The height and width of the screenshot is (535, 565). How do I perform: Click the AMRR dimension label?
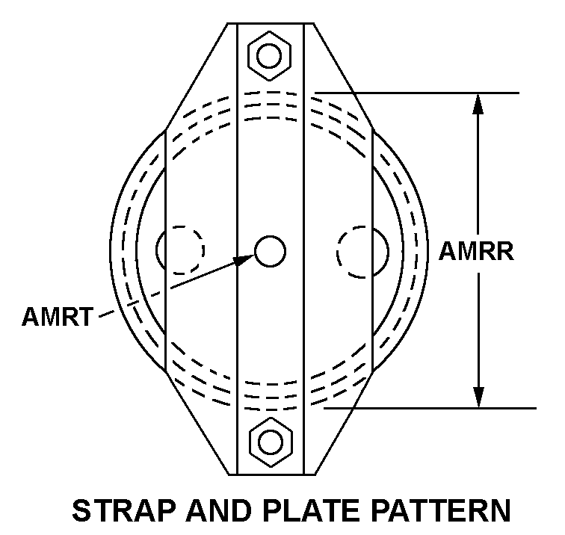(476, 251)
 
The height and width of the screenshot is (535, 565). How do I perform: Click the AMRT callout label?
(56, 316)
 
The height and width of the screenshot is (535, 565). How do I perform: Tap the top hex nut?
(270, 55)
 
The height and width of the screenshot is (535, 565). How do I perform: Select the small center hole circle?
(270, 251)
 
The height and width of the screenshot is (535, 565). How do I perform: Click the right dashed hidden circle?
(361, 250)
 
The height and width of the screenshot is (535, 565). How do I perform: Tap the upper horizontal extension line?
(419, 93)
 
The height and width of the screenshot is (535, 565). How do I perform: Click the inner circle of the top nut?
(270, 55)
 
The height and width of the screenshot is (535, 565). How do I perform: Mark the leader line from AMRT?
(172, 288)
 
